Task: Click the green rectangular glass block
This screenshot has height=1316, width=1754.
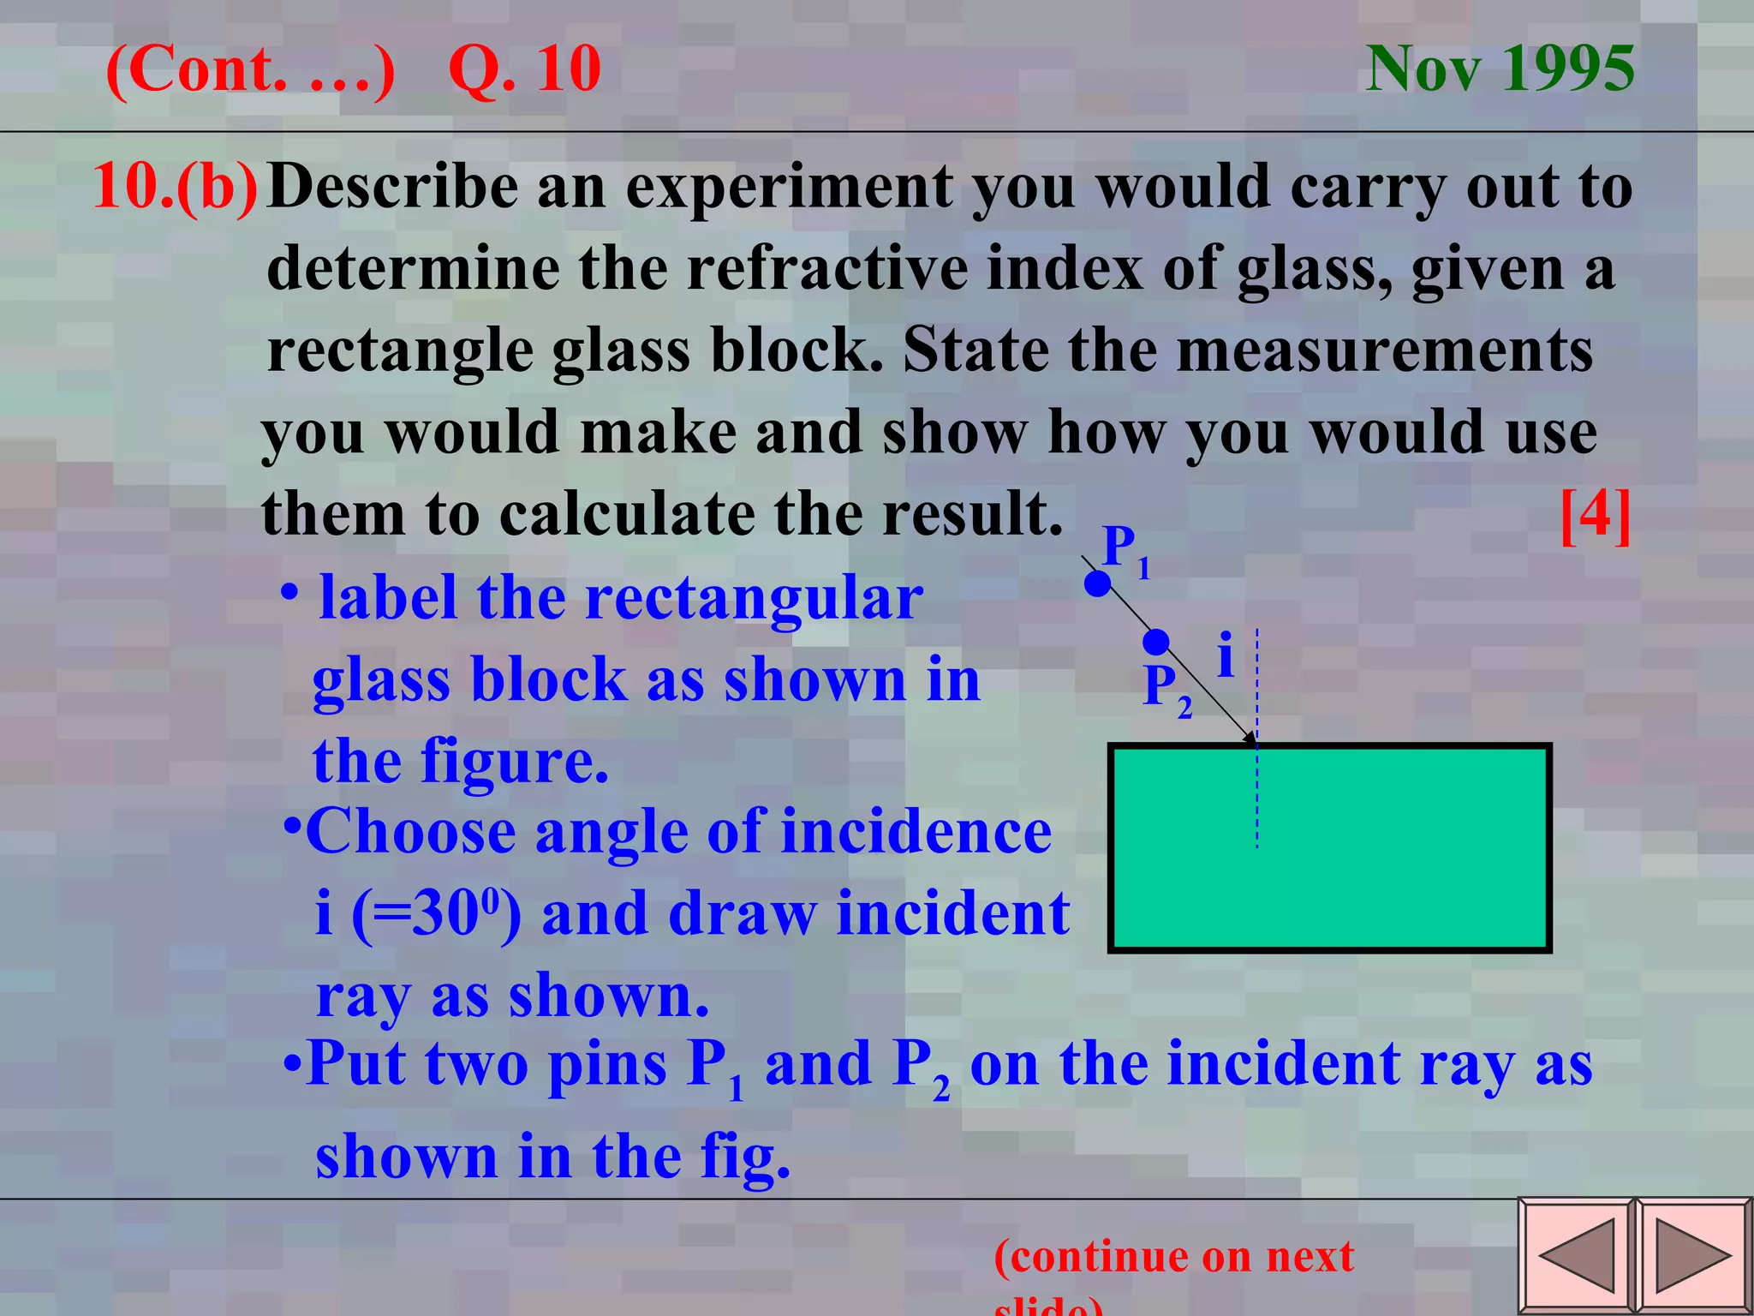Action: coord(1329,848)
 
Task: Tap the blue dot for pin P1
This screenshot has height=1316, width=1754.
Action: coord(1097,584)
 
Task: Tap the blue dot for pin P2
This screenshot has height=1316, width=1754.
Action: coord(1156,642)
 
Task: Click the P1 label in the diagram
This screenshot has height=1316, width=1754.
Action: coord(1125,550)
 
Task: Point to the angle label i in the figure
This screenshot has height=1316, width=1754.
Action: coord(1226,655)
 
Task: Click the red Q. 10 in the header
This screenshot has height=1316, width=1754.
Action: coord(524,69)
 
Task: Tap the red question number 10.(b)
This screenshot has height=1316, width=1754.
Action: coord(175,186)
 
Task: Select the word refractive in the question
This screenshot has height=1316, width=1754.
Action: coord(828,268)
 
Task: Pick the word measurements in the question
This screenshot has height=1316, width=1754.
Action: coord(1384,350)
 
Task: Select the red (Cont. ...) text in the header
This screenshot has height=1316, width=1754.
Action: coord(250,69)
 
